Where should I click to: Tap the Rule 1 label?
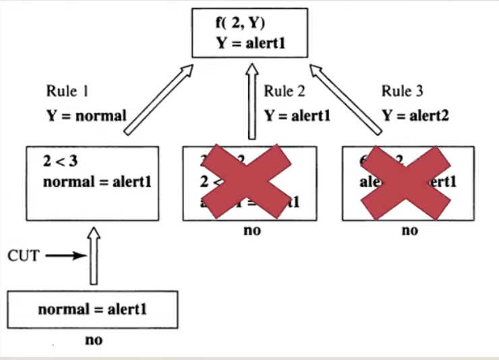click(x=67, y=92)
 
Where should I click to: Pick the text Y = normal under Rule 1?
click(x=86, y=115)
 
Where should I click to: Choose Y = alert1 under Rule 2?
click(x=297, y=115)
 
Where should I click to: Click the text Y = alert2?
click(x=415, y=115)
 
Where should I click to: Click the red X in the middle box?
click(x=249, y=181)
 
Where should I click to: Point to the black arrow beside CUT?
click(x=68, y=256)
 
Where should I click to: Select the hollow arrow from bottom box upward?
click(x=94, y=256)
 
